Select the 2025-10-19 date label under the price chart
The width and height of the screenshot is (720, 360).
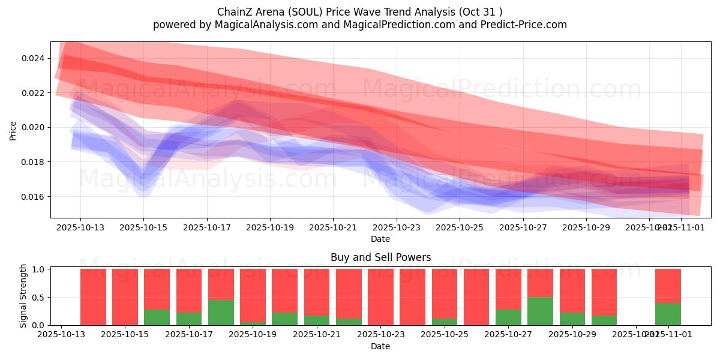[x=270, y=227]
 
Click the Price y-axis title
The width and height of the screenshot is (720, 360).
[x=13, y=130]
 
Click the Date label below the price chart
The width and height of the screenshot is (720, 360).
[x=380, y=239]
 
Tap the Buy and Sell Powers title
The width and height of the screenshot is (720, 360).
[x=380, y=257]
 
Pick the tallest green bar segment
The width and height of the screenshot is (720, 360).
[x=540, y=311]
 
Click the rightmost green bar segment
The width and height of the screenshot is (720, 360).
[x=668, y=314]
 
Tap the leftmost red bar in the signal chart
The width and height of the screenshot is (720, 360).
[x=93, y=297]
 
